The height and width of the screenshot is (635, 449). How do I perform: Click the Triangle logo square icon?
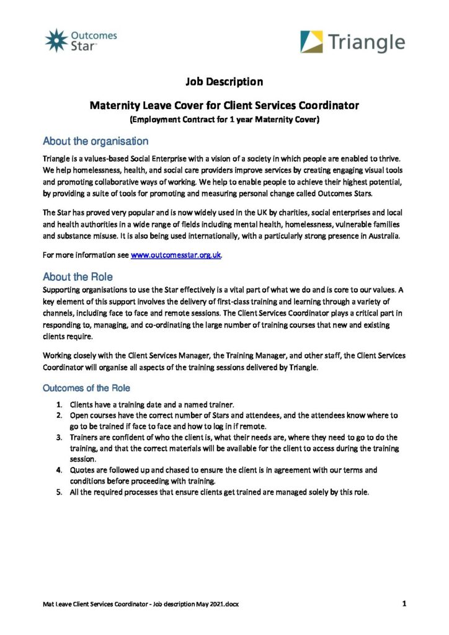(x=311, y=42)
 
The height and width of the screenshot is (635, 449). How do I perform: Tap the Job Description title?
(x=224, y=81)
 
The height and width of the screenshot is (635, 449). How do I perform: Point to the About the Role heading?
(x=78, y=277)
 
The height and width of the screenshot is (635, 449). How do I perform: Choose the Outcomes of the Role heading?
(x=86, y=388)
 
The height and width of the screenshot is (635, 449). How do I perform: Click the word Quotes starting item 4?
(x=83, y=471)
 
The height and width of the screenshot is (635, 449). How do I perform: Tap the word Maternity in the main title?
(x=117, y=105)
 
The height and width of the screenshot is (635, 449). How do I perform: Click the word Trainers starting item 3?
(x=86, y=437)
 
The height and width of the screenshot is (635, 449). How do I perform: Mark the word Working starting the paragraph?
(x=60, y=355)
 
